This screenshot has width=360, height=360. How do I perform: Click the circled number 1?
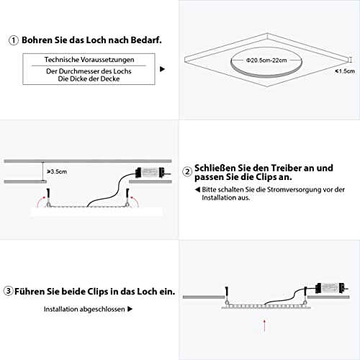pos(14,40)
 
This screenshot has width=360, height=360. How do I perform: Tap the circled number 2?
pos(187,172)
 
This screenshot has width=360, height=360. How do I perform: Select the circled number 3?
pos(8,291)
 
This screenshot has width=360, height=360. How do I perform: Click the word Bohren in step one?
pos(37,40)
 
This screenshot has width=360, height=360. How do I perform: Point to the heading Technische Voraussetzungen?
pos(89,60)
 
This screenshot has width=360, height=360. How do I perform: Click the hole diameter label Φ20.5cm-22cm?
pos(266,60)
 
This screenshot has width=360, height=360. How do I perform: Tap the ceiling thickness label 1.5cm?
pos(346,71)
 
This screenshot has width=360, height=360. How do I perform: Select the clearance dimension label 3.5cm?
pos(58,171)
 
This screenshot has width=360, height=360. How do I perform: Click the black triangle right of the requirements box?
pos(162,69)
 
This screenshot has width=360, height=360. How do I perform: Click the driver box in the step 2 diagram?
pos(150,173)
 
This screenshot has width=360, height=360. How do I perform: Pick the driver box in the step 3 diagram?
pos(330,288)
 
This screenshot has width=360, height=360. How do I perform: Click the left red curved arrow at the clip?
pos(40,202)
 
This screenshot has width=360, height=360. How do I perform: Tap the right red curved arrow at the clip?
pos(135,202)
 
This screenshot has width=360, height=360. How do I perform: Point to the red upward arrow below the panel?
pos(264,325)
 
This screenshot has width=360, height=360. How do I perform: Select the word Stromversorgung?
pos(294,189)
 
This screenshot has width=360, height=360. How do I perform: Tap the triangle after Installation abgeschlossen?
pos(130,309)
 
